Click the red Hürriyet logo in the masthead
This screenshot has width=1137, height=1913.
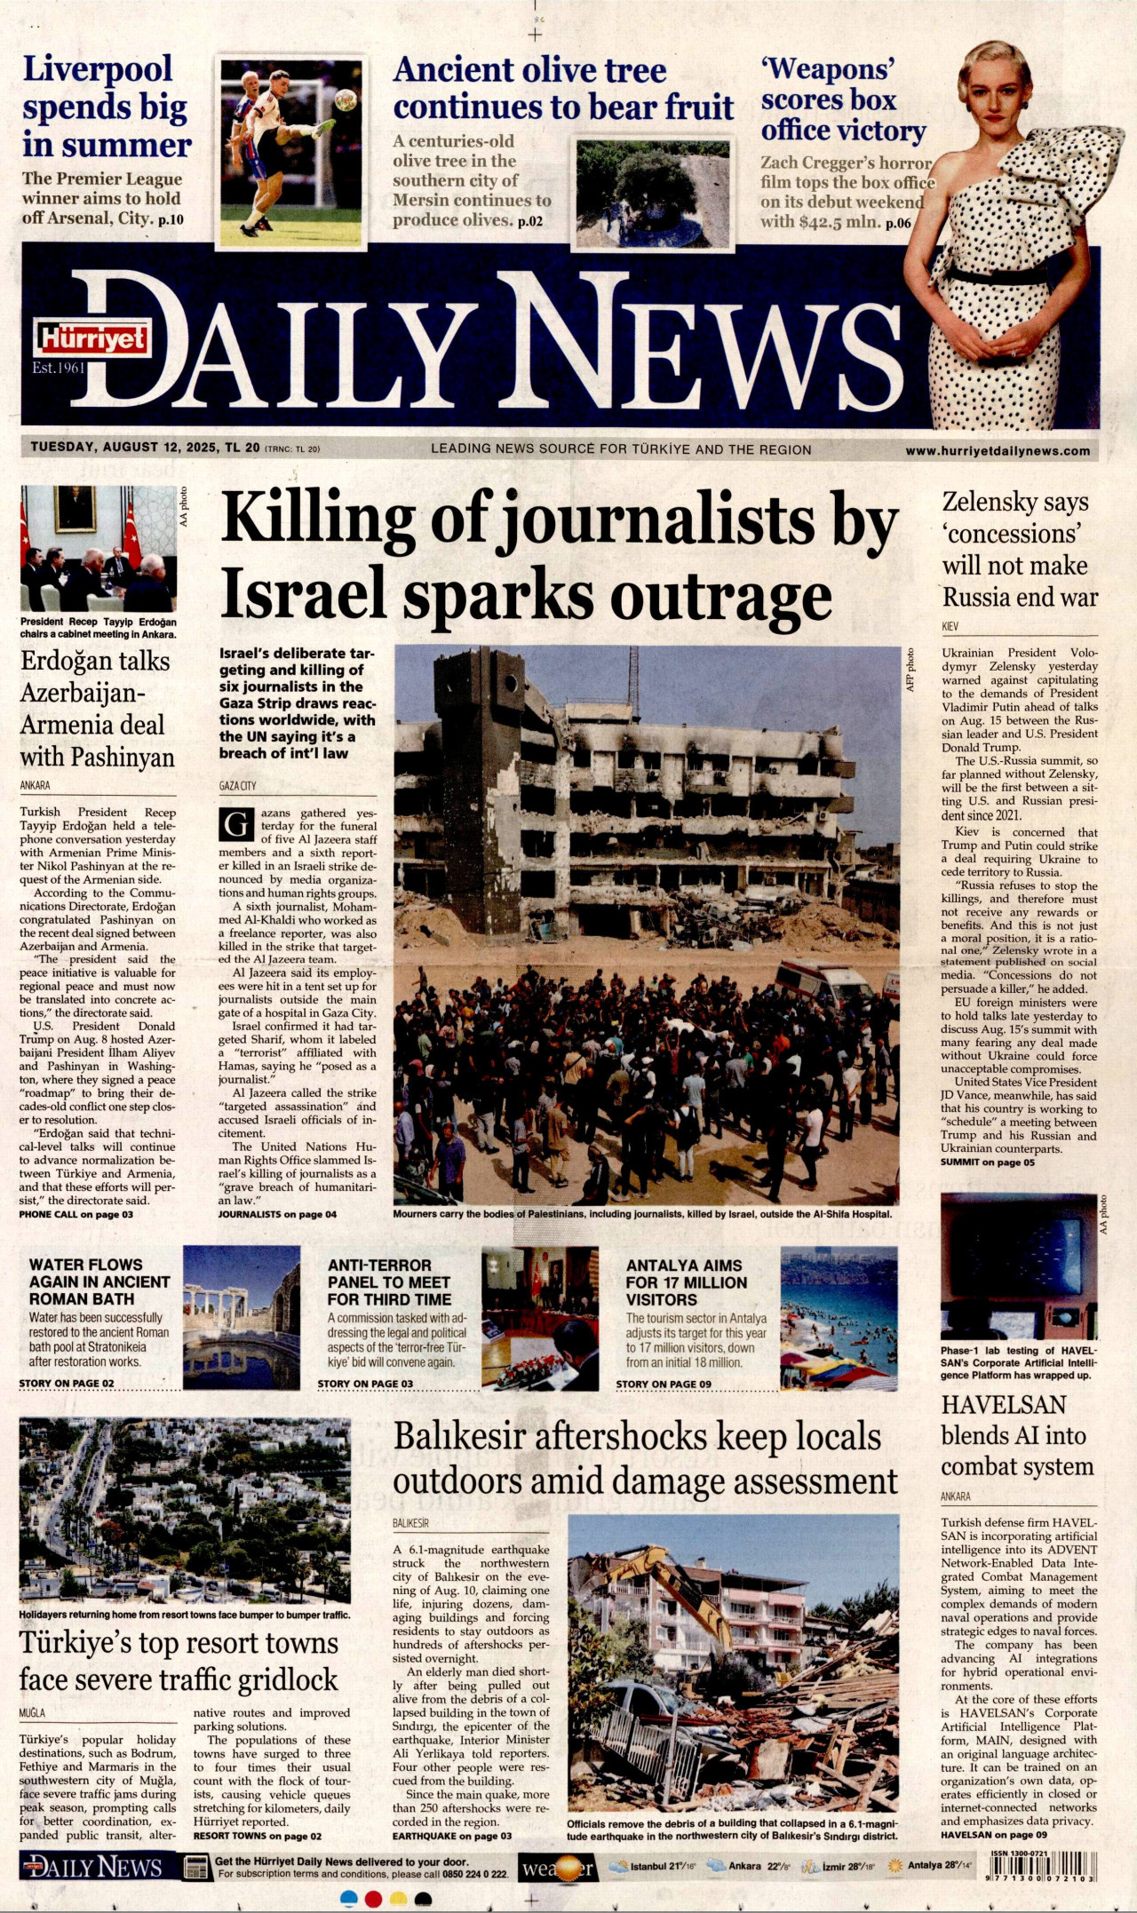coord(92,337)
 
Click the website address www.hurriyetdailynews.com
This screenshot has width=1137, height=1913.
coord(997,450)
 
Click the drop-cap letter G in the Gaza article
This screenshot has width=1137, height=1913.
coord(236,825)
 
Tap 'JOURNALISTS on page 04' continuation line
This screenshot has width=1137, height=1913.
coord(277,1214)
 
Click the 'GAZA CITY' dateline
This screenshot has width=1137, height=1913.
coord(237,786)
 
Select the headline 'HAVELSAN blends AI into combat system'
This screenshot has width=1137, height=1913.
coord(1017,1436)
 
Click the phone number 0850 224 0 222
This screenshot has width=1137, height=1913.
coord(476,1874)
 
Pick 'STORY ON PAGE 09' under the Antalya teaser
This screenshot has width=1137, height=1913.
coord(663,1384)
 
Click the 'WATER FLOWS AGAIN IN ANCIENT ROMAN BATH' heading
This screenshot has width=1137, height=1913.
coord(99,1282)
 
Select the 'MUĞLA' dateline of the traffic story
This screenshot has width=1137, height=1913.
coord(32,1713)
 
